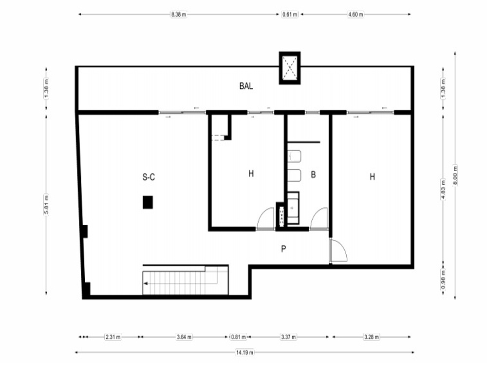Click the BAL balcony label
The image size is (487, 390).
(x=246, y=86)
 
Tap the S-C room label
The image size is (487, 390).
(x=149, y=177)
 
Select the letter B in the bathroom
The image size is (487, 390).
(x=313, y=175)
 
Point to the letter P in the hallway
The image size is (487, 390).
(x=283, y=249)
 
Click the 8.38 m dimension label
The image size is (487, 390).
(x=179, y=14)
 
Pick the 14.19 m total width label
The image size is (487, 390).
(x=245, y=352)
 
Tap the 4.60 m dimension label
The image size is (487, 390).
(x=356, y=14)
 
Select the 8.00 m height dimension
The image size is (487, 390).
(x=455, y=175)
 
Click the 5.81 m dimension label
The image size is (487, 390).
(x=46, y=204)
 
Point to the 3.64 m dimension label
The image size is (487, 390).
(x=184, y=337)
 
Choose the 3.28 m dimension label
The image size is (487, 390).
(x=372, y=337)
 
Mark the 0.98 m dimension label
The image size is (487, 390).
(x=443, y=279)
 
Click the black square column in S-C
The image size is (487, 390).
(x=148, y=202)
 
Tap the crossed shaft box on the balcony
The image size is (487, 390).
(x=290, y=68)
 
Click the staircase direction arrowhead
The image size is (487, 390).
(x=145, y=283)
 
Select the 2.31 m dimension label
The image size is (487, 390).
(x=113, y=337)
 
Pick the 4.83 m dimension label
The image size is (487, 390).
(x=443, y=190)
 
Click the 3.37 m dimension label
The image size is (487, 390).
(x=288, y=337)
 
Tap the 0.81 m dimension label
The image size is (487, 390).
(x=239, y=337)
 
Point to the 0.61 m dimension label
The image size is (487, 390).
(x=290, y=14)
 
